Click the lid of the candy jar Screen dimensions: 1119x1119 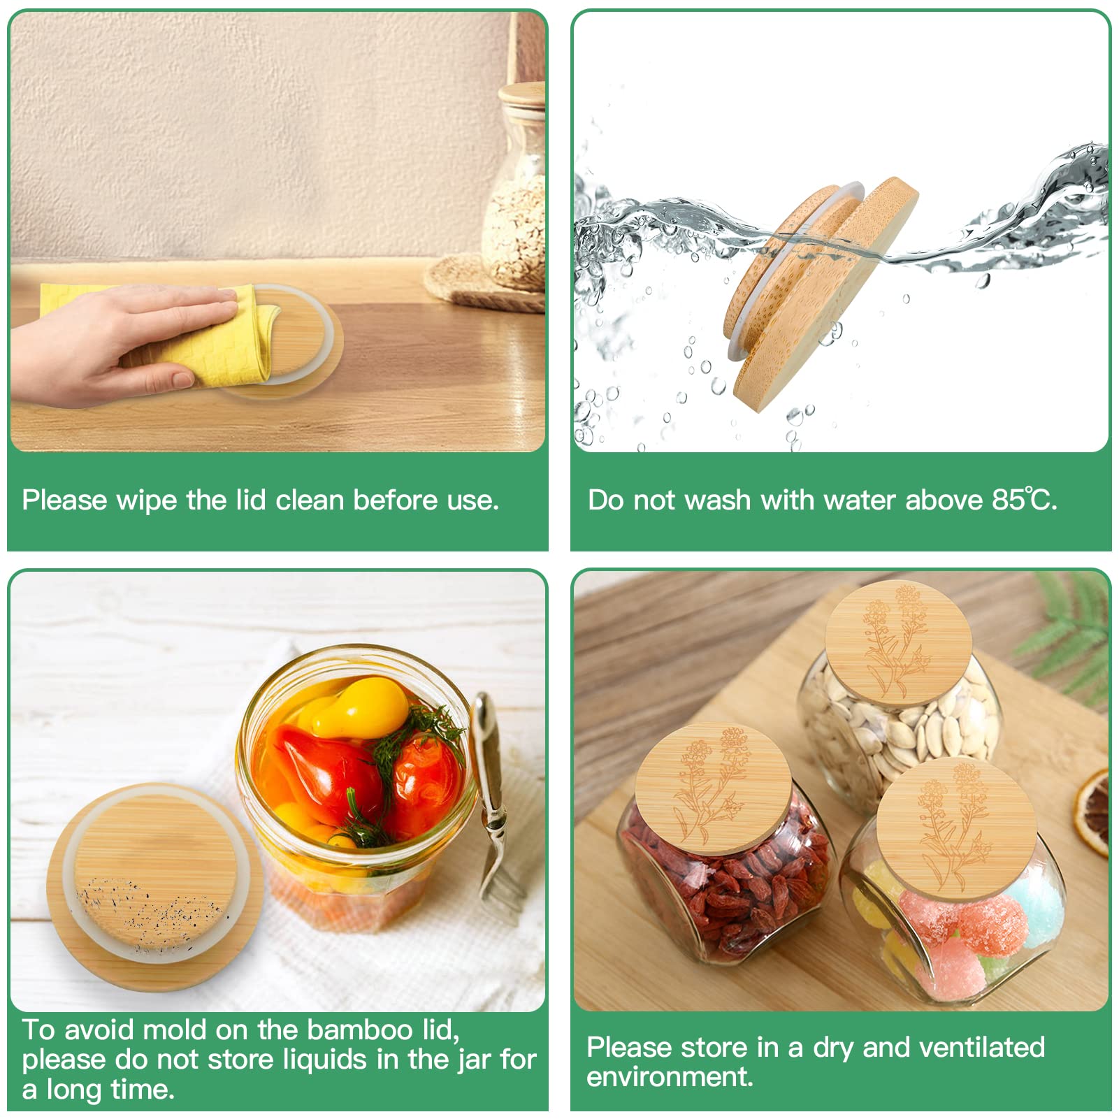tap(955, 828)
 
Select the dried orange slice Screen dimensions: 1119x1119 tap(1094, 811)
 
